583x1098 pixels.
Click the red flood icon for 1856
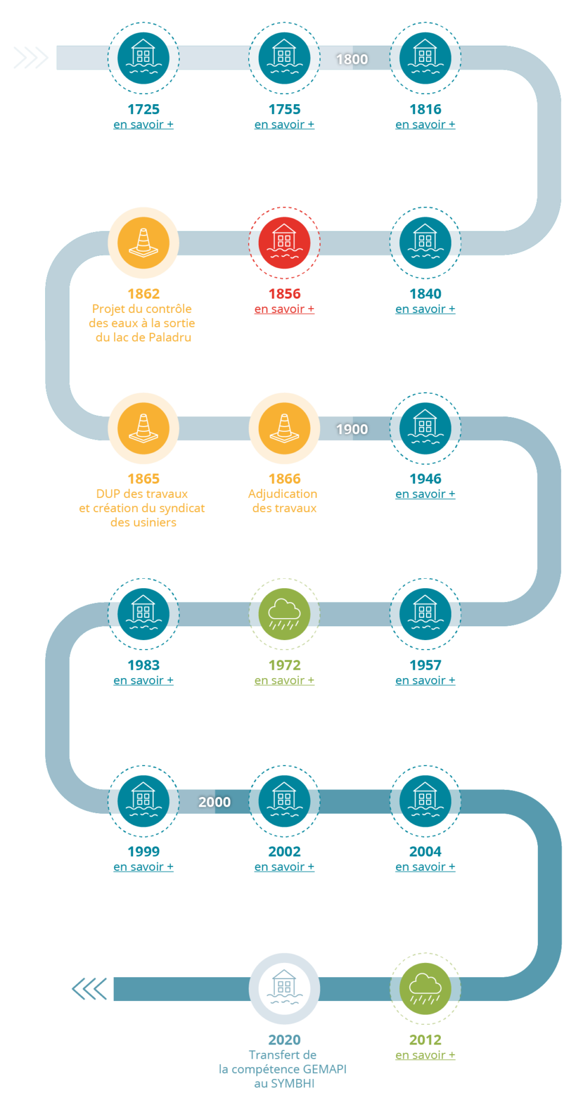pyautogui.click(x=284, y=243)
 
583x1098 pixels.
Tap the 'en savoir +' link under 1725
pyautogui.click(x=143, y=124)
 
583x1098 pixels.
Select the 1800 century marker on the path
pyautogui.click(x=352, y=59)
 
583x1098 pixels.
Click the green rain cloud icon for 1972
pyautogui.click(x=284, y=613)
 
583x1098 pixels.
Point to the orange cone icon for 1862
pyautogui.click(x=143, y=243)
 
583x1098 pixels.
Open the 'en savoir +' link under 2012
pyautogui.click(x=425, y=1055)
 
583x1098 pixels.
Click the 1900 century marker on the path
pyautogui.click(x=352, y=429)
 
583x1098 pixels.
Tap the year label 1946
pyautogui.click(x=425, y=479)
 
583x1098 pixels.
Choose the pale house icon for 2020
pyautogui.click(x=284, y=989)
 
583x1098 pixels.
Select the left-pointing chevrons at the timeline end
pyautogui.click(x=89, y=989)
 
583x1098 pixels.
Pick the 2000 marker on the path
pyautogui.click(x=214, y=802)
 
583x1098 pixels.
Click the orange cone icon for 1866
pyautogui.click(x=284, y=428)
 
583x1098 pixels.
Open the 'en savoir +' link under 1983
pyautogui.click(x=143, y=680)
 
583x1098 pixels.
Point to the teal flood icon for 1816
pyautogui.click(x=425, y=58)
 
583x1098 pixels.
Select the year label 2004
pyautogui.click(x=425, y=851)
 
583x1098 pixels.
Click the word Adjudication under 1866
pyautogui.click(x=283, y=494)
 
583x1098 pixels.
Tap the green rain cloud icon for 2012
pyautogui.click(x=425, y=989)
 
